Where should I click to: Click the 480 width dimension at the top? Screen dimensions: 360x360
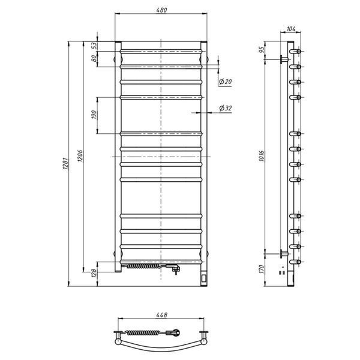(x=161, y=10)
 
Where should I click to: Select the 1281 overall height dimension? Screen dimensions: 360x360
(x=65, y=163)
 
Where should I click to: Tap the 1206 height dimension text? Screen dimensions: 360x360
(x=80, y=156)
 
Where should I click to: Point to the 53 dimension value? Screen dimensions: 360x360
(x=94, y=46)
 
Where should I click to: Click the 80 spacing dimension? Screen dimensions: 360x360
(x=94, y=59)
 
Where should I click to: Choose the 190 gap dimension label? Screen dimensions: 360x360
(x=94, y=115)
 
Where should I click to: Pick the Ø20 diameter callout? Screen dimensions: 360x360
(x=225, y=82)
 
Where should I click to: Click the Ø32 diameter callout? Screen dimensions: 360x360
(x=225, y=108)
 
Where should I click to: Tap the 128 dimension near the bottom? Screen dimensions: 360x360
(x=94, y=274)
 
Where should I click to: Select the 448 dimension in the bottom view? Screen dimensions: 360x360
(x=161, y=315)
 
